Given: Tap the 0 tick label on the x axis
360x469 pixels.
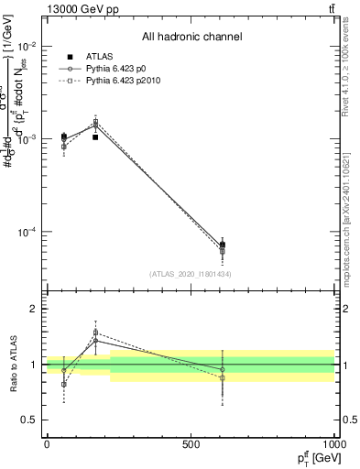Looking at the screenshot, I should [x=46, y=444].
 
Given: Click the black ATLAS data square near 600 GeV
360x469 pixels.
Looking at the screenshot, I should [x=222, y=245].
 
